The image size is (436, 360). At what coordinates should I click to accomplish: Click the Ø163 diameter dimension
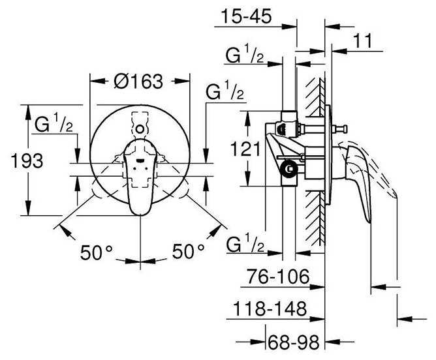point(138,82)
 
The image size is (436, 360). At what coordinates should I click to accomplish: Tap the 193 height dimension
point(27,160)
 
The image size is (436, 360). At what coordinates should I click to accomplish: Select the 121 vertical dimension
point(245,149)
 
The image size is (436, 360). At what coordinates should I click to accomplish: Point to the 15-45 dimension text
point(246,16)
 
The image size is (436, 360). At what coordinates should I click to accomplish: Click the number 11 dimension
point(362,41)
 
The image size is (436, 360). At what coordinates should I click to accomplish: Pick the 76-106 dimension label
point(278,276)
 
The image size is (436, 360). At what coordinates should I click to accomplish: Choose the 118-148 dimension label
point(270,308)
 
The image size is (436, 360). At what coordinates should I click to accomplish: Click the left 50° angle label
point(96,252)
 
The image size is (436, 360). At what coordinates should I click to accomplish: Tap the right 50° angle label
point(188,251)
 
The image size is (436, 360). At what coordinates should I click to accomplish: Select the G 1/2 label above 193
point(54,123)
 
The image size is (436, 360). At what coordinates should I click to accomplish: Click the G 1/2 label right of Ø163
point(225,90)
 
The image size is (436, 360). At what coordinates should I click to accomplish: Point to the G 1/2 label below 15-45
point(244,53)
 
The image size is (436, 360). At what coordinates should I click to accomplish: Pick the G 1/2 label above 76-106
point(245,243)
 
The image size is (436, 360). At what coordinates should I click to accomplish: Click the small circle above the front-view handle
point(140,129)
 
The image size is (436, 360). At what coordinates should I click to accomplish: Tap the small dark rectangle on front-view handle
point(140,160)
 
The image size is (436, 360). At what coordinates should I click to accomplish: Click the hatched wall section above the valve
point(315,97)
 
